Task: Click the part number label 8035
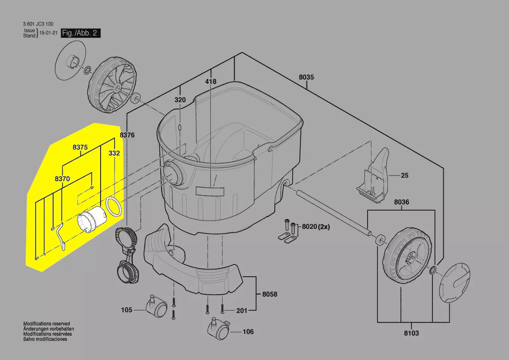click(307, 77)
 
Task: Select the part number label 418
click(211, 82)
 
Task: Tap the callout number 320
click(180, 100)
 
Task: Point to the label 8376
click(127, 135)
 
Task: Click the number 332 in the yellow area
click(114, 153)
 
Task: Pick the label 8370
click(62, 179)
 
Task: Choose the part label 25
click(405, 176)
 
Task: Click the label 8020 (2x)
click(316, 227)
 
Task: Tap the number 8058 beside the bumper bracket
click(270, 294)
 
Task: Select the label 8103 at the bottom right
click(411, 333)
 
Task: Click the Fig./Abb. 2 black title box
click(81, 33)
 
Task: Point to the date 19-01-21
click(49, 33)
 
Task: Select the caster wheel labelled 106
click(219, 329)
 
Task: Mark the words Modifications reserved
click(47, 324)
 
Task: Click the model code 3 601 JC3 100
click(38, 24)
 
